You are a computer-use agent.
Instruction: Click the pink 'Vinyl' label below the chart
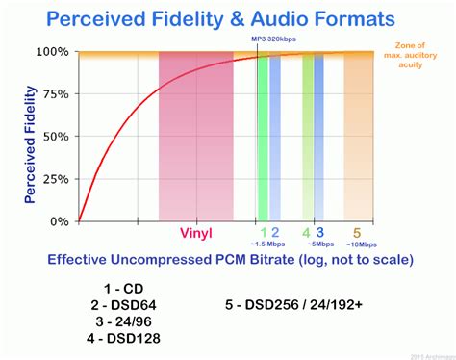[x=195, y=233]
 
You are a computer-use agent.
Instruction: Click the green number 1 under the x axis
[x=263, y=232]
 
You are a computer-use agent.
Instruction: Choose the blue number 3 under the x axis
[x=319, y=232]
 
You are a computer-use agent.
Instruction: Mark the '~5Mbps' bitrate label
[x=314, y=244]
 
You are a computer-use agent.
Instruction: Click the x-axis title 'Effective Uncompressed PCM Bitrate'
[x=227, y=260]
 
